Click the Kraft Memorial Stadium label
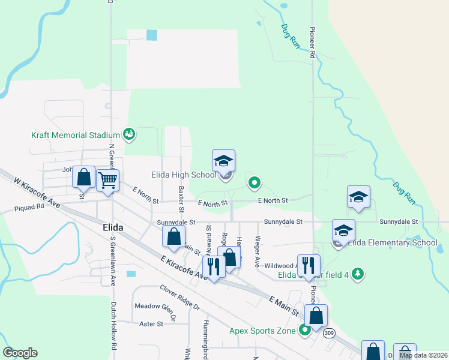[x=76, y=136]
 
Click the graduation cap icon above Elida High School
[x=223, y=161]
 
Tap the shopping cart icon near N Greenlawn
[x=107, y=179]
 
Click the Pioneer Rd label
[x=313, y=41]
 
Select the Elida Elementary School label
[x=393, y=242]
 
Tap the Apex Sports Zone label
[x=262, y=330]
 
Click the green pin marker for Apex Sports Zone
[x=305, y=329]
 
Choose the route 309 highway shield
[x=329, y=333]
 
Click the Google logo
[x=20, y=353]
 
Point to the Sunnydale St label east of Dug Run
[x=399, y=221]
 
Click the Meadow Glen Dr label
[x=154, y=306]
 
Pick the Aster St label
[x=151, y=324]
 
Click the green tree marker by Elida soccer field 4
[x=358, y=274]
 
